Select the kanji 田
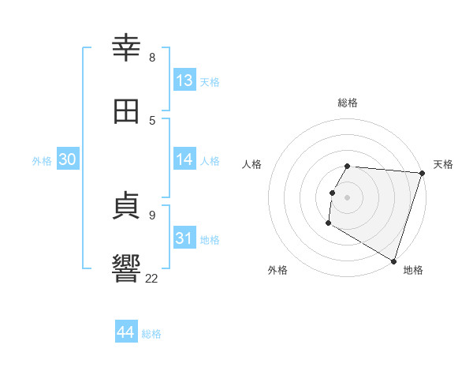pos(127,111)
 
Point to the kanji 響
pos(127,268)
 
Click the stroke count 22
pos(152,277)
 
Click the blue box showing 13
pos(184,81)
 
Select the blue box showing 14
pos(184,159)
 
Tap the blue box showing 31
pos(184,238)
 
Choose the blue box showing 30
pos(68,159)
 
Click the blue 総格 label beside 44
pos(151,334)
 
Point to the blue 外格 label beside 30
pos(42,161)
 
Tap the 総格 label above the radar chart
pos(348,103)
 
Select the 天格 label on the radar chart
pos(443,164)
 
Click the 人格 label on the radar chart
pos(252,164)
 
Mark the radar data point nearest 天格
pos(422,173)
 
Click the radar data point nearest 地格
pos(393,260)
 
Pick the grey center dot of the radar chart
pos(348,197)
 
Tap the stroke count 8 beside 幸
pos(152,57)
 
